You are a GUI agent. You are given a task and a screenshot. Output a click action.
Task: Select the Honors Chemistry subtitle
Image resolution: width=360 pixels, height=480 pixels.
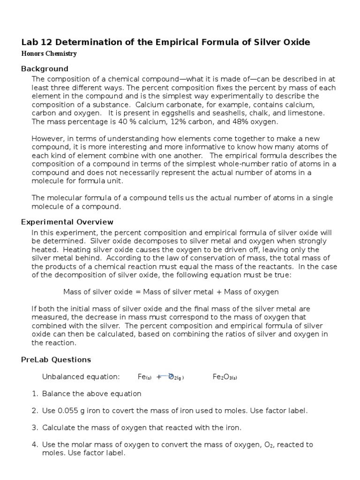[49, 54]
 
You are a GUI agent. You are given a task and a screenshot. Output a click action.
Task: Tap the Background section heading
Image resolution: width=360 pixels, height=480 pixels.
[45, 68]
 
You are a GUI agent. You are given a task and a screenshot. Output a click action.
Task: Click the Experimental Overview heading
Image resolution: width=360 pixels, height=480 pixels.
[67, 222]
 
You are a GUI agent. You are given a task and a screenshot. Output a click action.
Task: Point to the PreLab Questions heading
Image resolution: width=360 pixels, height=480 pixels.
[56, 360]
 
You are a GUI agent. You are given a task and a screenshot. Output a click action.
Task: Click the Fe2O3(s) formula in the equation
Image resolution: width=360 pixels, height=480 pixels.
[225, 377]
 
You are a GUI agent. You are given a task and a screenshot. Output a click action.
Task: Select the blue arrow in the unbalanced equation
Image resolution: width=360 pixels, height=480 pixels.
[164, 376]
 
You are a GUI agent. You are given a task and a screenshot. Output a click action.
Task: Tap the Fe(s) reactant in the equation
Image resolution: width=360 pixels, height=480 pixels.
[143, 377]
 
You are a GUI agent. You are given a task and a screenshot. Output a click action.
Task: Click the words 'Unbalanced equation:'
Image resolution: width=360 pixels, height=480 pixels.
[81, 377]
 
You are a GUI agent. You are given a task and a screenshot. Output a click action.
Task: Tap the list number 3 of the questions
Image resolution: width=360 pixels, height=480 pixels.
[35, 427]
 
